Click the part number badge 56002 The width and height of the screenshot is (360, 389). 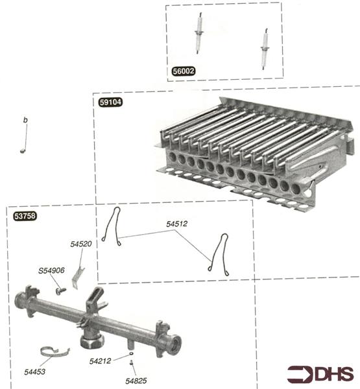(x=184, y=71)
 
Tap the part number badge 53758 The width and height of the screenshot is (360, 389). (x=26, y=216)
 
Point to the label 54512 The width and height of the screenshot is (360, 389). (x=176, y=224)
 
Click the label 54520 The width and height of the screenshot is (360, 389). (x=81, y=244)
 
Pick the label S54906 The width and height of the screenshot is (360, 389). (x=51, y=270)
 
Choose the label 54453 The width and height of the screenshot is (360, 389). (x=35, y=372)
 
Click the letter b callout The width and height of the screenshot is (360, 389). (x=25, y=121)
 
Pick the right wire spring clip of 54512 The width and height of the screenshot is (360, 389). (x=219, y=253)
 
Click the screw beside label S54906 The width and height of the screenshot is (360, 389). (x=59, y=291)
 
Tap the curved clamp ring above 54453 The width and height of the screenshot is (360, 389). (x=53, y=353)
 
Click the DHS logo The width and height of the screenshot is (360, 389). (x=321, y=374)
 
